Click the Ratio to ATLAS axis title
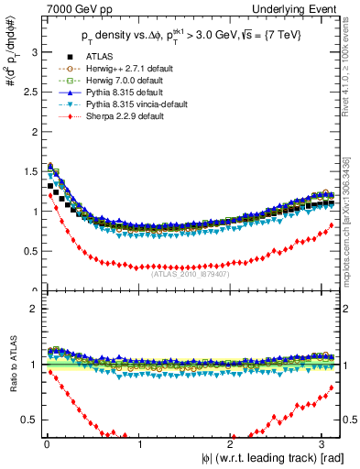(x=11, y=364)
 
